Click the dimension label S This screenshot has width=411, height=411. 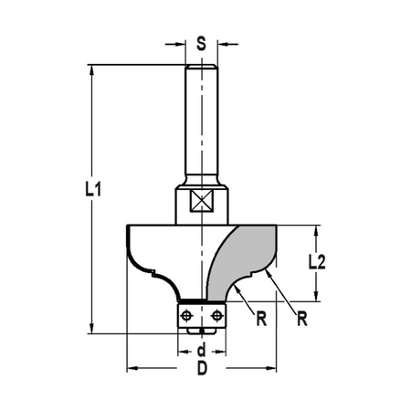pos(201,43)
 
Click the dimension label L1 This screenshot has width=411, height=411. pos(93,189)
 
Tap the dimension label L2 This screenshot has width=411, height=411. pos(317,262)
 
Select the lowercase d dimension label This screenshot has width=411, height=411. pos(202,350)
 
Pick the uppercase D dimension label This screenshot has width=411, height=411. pos(202,368)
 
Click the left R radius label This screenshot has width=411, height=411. pos(261,319)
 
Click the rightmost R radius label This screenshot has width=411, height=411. pos(302,319)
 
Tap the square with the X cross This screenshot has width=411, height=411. pos(201,200)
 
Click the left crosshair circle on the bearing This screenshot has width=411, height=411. pos(186,315)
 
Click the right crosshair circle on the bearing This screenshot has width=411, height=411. pos(216,315)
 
